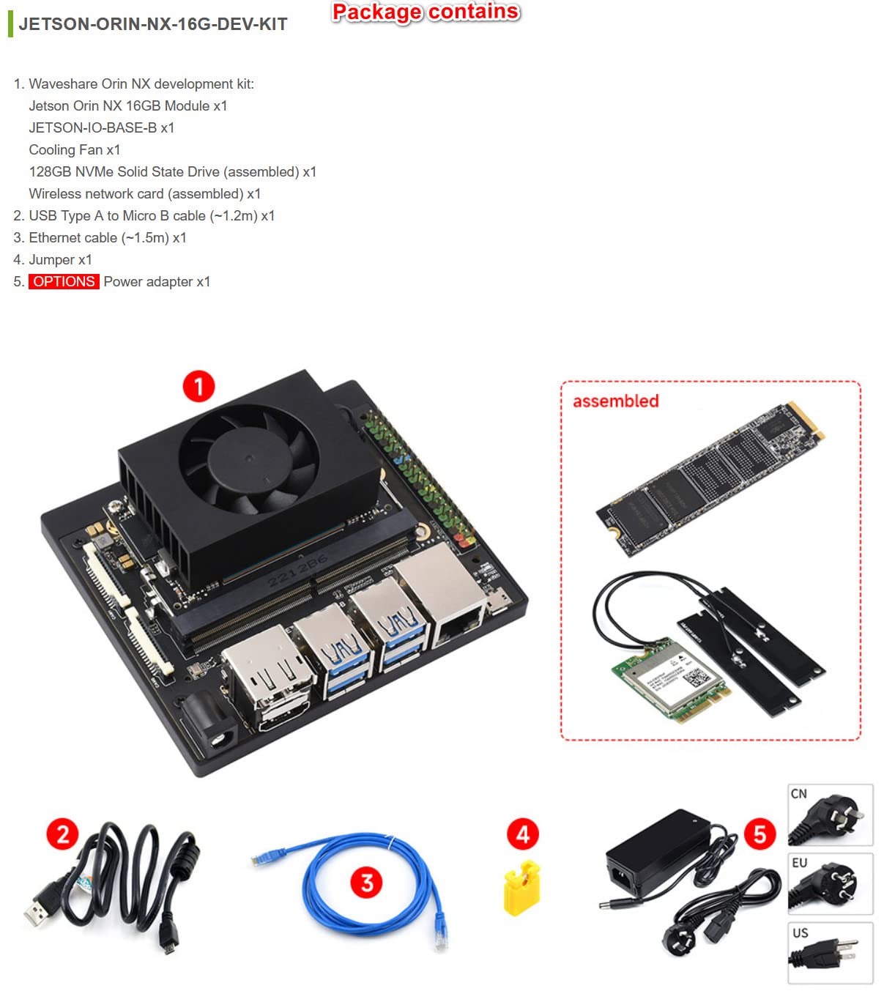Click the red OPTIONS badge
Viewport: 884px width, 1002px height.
(x=64, y=282)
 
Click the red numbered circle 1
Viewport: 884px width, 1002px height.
(x=198, y=386)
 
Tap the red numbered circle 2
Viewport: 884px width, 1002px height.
(x=63, y=834)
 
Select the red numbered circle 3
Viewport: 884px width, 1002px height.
(x=367, y=883)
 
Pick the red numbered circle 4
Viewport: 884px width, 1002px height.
(x=522, y=834)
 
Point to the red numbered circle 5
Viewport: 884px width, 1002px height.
(x=759, y=834)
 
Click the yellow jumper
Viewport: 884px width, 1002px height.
(x=522, y=888)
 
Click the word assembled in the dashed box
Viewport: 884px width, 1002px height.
(x=615, y=401)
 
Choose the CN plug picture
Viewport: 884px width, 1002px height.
(x=831, y=815)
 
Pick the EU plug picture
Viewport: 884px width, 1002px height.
(x=831, y=884)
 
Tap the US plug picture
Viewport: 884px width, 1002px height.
(x=831, y=953)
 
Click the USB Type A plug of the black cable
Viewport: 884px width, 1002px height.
(x=38, y=910)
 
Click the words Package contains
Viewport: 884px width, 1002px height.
(x=426, y=12)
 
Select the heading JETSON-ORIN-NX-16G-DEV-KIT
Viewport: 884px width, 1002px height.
(x=152, y=24)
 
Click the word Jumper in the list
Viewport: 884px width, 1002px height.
(x=51, y=260)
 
